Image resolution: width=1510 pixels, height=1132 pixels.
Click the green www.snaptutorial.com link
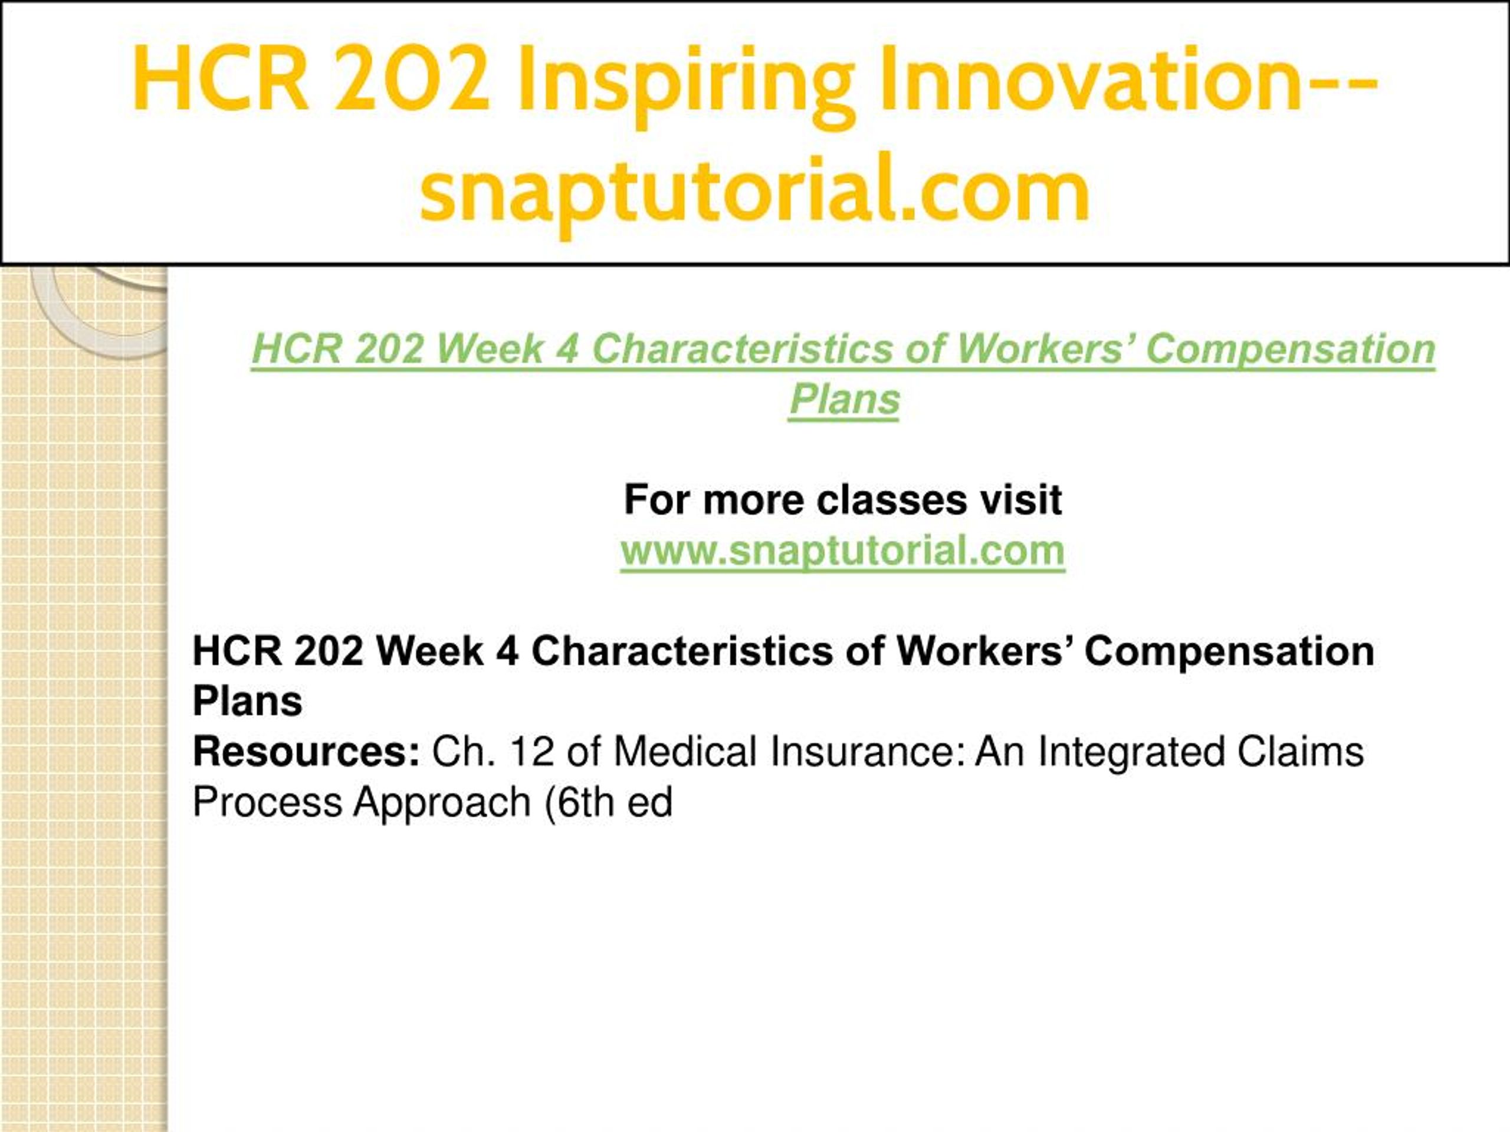point(842,551)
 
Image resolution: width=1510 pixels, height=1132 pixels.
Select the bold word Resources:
point(306,751)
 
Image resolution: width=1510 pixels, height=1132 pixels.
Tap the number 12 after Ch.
point(531,751)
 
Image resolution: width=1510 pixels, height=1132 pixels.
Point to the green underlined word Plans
point(845,399)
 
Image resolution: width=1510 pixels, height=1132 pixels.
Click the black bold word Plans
point(248,701)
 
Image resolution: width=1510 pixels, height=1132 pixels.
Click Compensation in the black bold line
point(1229,652)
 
